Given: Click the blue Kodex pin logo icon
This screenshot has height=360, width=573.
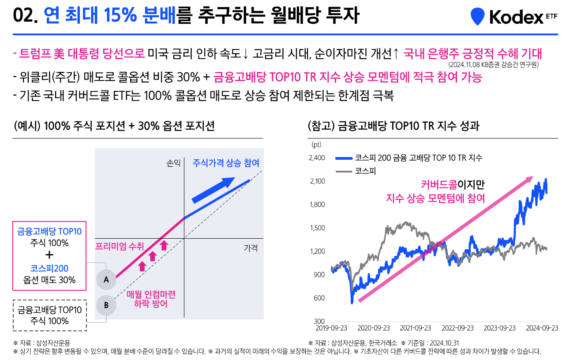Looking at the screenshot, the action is tap(478, 16).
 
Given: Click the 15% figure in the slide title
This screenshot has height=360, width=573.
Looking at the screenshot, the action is tap(120, 15).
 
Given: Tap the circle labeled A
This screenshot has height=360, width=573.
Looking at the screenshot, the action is tap(106, 280).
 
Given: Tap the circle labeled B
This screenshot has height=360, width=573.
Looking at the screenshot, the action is tap(106, 305).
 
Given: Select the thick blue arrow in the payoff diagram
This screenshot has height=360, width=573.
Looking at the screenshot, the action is tap(213, 190).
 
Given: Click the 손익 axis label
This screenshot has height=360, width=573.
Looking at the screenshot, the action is tap(173, 163).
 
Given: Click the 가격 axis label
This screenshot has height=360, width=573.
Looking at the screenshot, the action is tap(251, 247).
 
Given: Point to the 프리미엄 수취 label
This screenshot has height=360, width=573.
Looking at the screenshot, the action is tap(120, 246).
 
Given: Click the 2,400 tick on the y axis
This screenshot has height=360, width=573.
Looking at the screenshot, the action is tap(317, 157).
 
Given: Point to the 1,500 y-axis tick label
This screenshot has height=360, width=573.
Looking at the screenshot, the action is tap(317, 228).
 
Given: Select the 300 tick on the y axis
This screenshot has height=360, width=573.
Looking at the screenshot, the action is tap(319, 321).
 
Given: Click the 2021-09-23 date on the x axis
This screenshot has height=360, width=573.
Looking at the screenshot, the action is tap(416, 328).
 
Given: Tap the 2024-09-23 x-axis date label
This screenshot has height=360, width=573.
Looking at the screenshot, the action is tap(542, 328).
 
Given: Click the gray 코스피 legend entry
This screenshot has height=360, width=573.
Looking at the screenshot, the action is tap(356, 171).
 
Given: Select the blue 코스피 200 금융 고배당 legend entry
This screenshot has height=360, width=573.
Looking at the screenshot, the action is tap(409, 158).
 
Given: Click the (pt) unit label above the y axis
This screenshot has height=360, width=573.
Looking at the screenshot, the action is tap(316, 145).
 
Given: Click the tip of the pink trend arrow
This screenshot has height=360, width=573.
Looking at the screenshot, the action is tap(533, 176).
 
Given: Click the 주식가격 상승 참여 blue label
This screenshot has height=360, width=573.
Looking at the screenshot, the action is tap(226, 163).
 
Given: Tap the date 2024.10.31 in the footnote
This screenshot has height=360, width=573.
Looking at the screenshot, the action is tap(444, 343).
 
